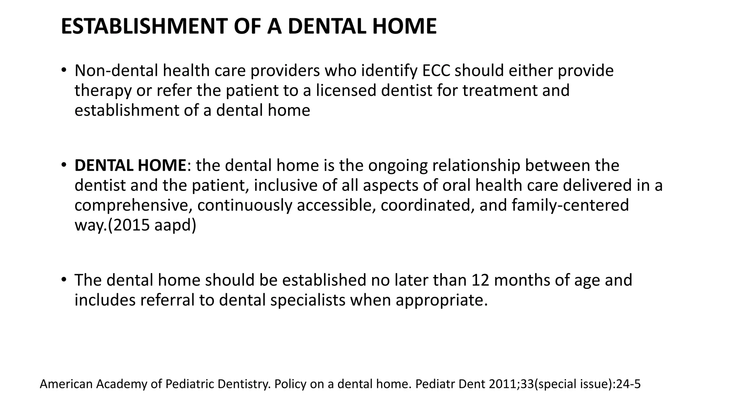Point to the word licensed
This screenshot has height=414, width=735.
click(x=346, y=91)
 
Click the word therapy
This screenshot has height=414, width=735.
click(x=103, y=91)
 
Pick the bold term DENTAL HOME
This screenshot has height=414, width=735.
click(x=130, y=166)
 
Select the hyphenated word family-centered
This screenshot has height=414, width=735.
click(x=570, y=206)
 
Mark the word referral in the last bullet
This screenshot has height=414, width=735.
click(x=167, y=300)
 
